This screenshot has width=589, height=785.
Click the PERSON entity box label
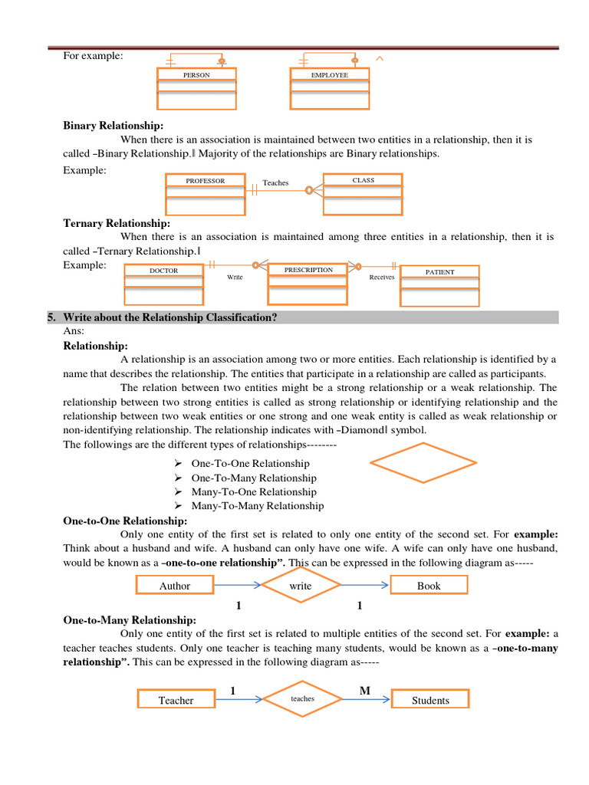[196, 75]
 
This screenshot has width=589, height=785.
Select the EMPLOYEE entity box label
[330, 75]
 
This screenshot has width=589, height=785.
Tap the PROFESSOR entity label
[206, 181]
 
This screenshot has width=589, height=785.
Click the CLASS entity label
[363, 180]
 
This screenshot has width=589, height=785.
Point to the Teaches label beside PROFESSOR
[275, 182]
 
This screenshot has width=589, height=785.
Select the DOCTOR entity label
[163, 271]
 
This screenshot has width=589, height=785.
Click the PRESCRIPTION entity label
[308, 270]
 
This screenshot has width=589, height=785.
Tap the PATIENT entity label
[440, 272]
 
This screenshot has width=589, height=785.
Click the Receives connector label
[381, 277]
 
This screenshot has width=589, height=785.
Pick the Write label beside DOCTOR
[235, 277]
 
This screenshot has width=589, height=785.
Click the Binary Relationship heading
[113, 126]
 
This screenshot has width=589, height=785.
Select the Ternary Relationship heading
[117, 223]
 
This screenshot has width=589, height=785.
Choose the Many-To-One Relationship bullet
[253, 491]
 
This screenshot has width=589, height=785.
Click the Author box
[175, 586]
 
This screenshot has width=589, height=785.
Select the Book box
[429, 586]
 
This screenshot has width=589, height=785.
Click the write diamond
[301, 586]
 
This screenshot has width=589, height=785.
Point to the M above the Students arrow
[365, 691]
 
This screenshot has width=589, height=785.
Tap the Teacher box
[176, 700]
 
